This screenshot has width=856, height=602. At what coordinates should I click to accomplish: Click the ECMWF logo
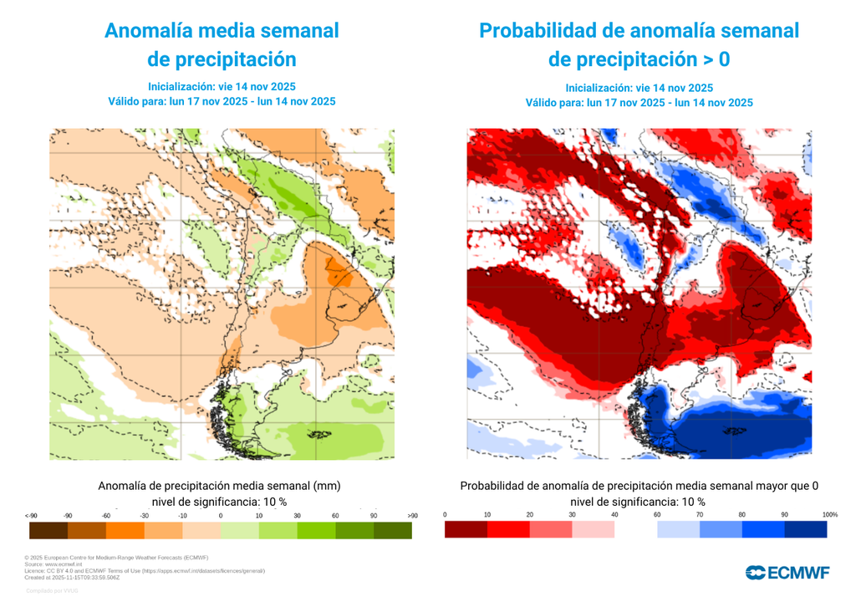coord(787,572)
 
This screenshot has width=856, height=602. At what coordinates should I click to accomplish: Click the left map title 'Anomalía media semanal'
coord(222,31)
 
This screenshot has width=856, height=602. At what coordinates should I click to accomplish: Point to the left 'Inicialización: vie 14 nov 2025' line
coord(222,86)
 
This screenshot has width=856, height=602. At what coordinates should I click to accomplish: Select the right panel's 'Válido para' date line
coord(639,103)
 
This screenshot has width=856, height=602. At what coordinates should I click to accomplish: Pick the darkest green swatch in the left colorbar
coord(392,530)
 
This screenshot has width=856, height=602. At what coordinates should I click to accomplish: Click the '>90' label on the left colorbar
coord(412,516)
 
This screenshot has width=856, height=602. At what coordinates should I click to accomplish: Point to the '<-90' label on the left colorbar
coord(31,516)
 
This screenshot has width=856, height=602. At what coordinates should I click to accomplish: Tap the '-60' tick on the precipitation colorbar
coord(106,516)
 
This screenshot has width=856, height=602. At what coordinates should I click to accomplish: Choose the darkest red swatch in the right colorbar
coord(466,529)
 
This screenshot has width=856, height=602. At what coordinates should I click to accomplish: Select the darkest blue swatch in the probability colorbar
coord(806,529)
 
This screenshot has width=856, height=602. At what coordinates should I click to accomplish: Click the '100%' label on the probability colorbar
coord(829,514)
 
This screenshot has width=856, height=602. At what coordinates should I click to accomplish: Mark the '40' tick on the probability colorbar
coord(614,514)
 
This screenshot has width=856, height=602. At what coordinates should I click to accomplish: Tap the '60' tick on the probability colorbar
coord(657,514)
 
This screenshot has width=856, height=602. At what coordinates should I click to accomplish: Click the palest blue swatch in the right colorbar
coord(678,529)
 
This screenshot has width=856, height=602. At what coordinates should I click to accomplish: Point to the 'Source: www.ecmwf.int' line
coord(58,564)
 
